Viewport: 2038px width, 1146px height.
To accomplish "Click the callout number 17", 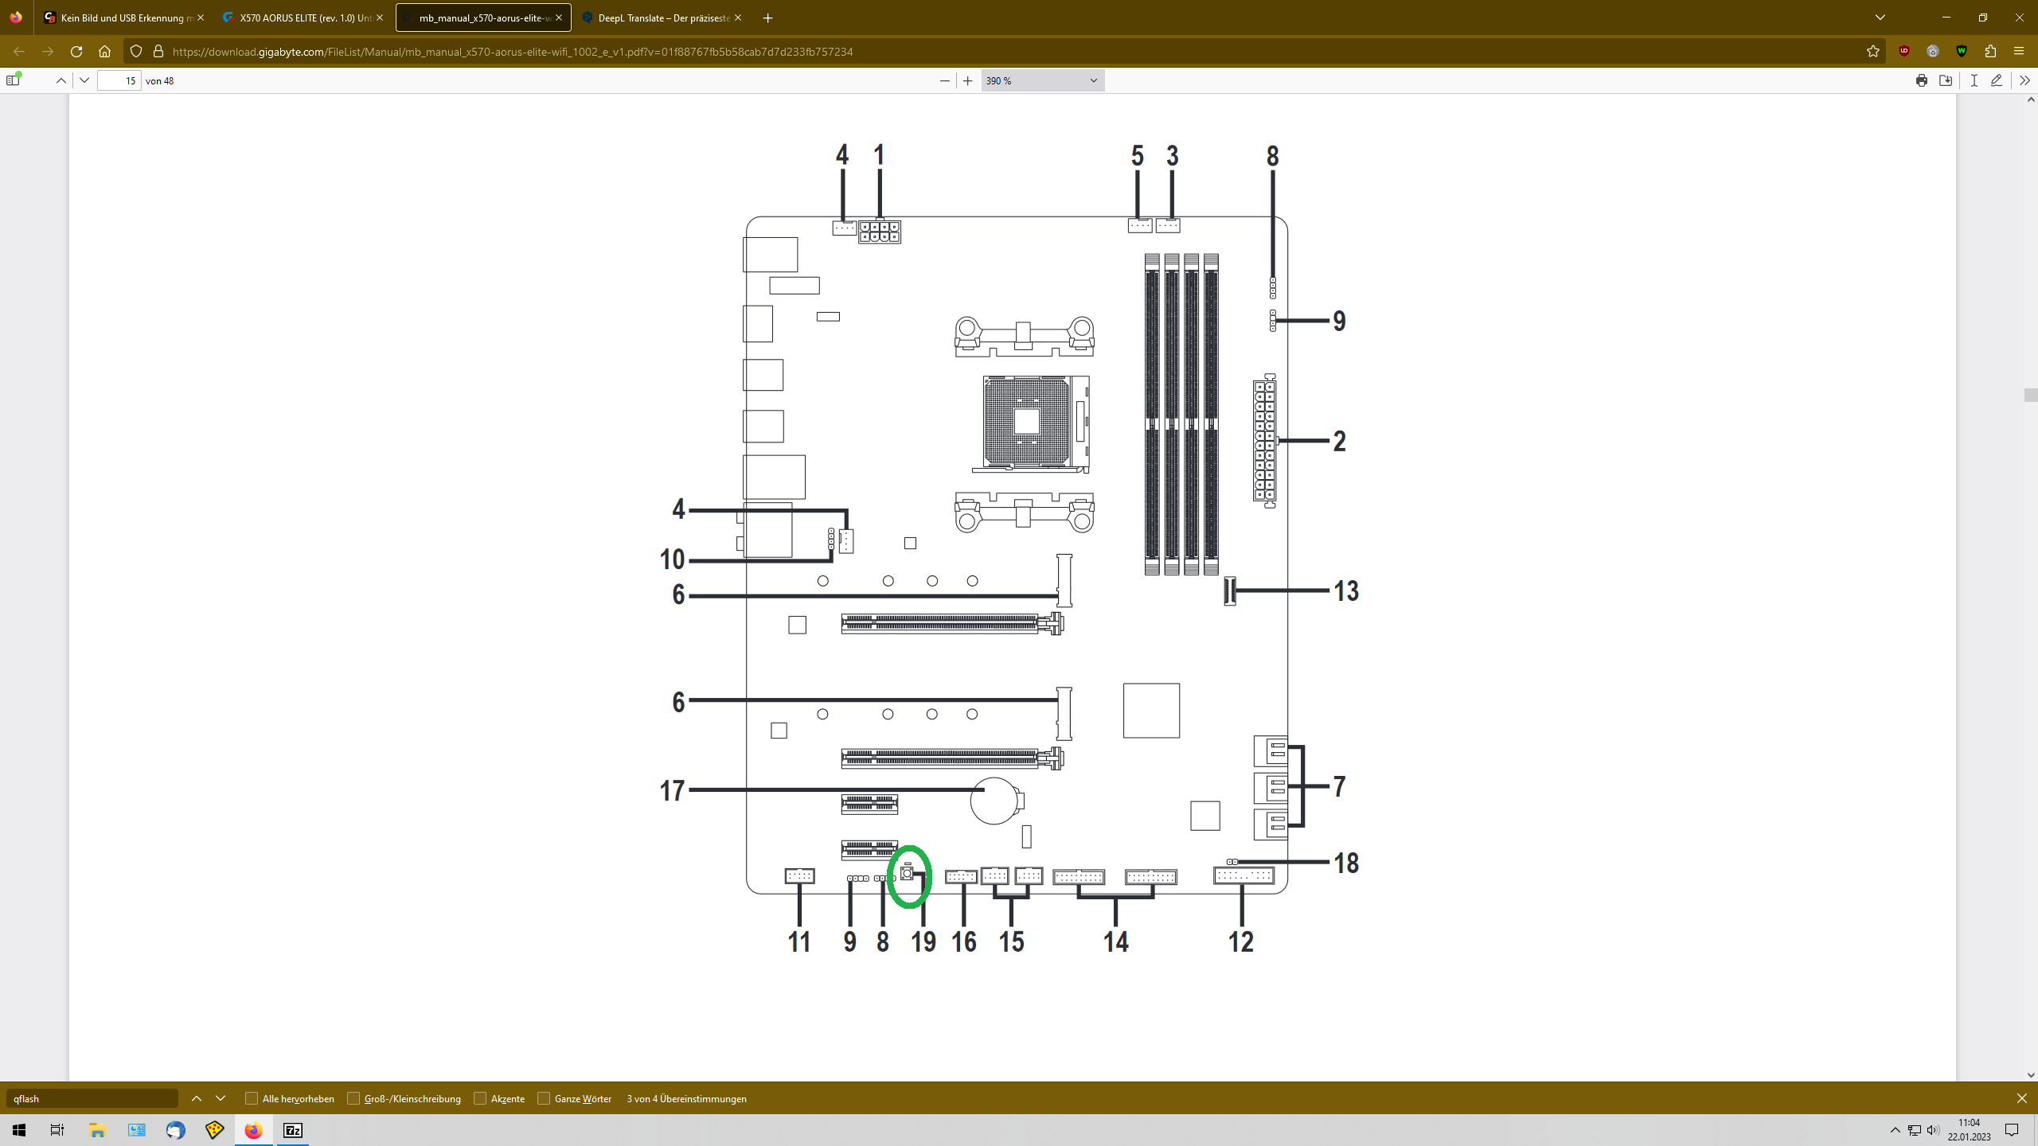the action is coord(672,790).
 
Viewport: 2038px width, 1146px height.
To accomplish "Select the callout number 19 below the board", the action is coord(923,941).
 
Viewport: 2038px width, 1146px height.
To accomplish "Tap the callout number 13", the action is coord(1346,591).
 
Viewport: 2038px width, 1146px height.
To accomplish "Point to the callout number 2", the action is coord(1339,441).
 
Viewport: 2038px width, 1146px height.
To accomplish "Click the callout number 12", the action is coord(1240,941).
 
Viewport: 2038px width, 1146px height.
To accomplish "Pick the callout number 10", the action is coord(672,559).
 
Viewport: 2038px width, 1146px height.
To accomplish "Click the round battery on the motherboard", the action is coord(994,801).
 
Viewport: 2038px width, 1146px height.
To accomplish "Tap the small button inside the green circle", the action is coord(907,873).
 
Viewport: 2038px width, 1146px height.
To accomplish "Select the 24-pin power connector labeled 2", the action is coord(1264,440).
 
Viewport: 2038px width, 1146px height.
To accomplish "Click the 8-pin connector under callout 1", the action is coord(880,232).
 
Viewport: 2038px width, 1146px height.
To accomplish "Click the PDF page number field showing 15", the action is coord(119,80).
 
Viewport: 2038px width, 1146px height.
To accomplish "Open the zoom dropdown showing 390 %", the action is coord(1043,80).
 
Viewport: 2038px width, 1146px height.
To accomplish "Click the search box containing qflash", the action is coord(92,1098).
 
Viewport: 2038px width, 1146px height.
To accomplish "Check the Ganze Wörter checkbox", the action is coord(544,1098).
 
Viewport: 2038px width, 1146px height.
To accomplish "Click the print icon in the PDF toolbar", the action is coord(1922,80).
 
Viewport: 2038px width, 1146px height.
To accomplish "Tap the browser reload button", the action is coord(76,52).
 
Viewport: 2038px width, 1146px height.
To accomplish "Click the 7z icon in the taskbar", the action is coord(293,1130).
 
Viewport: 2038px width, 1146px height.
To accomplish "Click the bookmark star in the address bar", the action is coord(1873,52).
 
